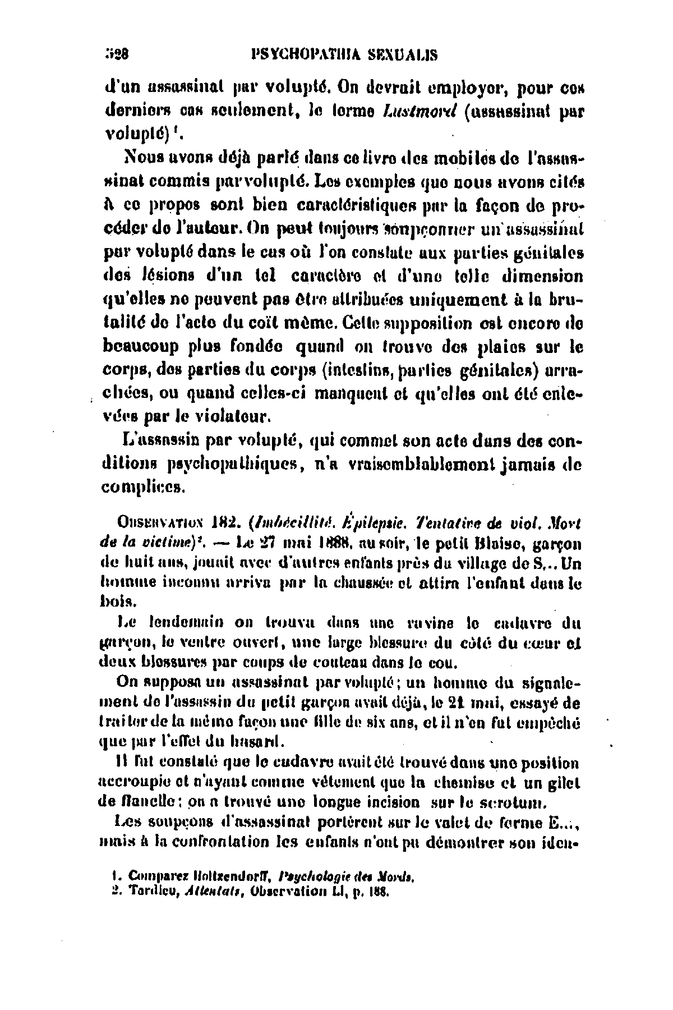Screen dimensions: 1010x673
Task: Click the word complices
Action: pos(142,488)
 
